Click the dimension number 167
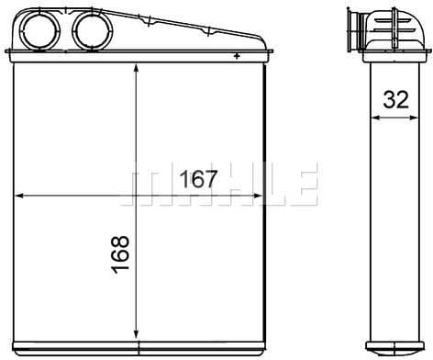click(199, 179)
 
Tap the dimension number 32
click(396, 99)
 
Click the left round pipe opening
click(40, 30)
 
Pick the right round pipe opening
click(93, 30)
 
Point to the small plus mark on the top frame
click(237, 56)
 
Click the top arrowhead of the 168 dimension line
click(137, 69)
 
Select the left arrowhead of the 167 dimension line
click(19, 196)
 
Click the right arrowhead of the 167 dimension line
click(258, 196)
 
